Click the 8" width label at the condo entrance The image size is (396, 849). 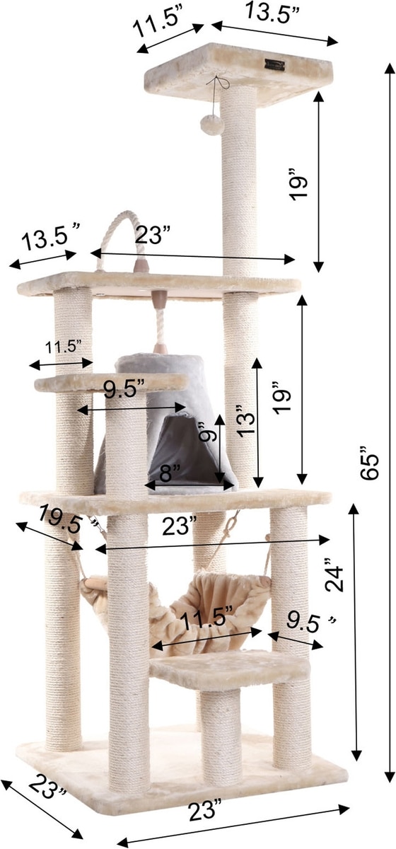(x=170, y=473)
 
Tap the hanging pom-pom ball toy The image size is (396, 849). (x=213, y=125)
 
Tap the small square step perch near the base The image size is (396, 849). (x=230, y=668)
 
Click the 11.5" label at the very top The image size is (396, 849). (x=156, y=24)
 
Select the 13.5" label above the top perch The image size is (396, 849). (x=273, y=11)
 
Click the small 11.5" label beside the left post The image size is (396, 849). (x=63, y=347)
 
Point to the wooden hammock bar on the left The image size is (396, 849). (x=96, y=582)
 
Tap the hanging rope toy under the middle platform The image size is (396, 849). (x=160, y=322)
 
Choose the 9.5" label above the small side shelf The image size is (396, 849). (x=124, y=390)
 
